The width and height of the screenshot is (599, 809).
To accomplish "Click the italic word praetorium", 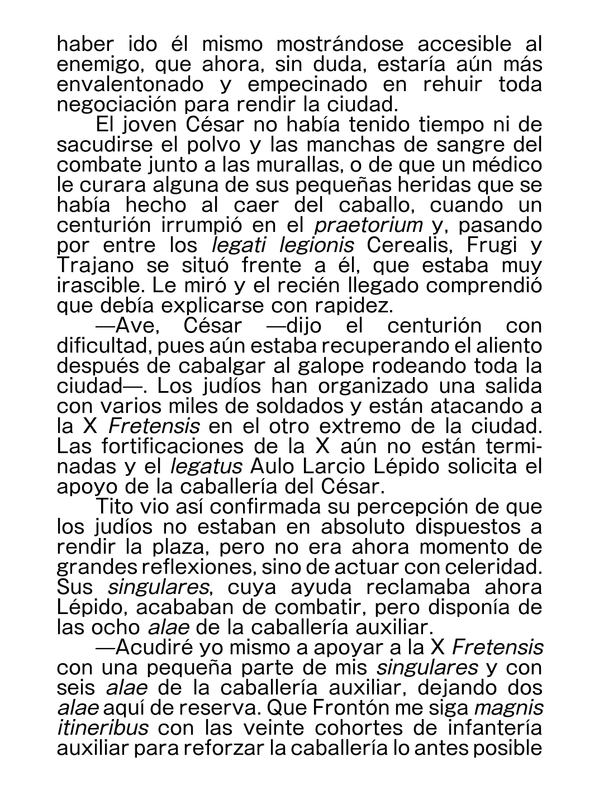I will [368, 226].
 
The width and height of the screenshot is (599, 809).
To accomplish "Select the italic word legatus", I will [206, 467].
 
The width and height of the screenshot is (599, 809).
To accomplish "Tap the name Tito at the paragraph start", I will [114, 507].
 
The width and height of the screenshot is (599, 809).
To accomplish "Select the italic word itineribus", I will [103, 729].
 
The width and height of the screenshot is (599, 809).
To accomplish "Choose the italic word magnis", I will [508, 708].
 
